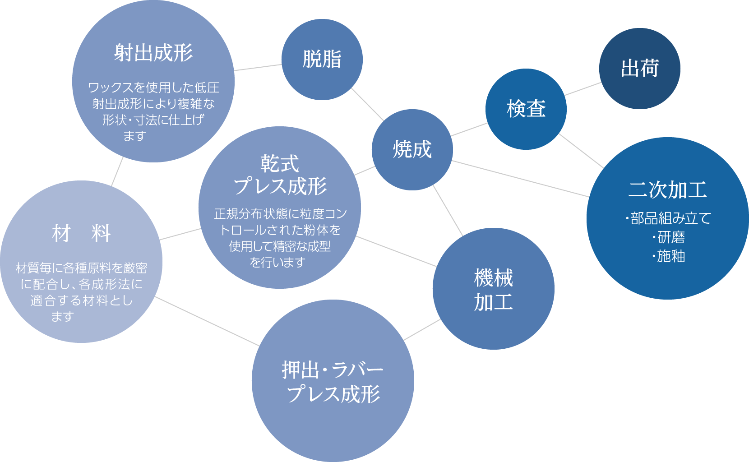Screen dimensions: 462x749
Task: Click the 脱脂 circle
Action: [322, 59]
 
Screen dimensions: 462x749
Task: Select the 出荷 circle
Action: [639, 68]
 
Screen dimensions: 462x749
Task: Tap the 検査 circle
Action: [526, 109]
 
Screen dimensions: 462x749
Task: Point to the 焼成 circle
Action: [412, 149]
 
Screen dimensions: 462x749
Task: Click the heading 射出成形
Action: [153, 53]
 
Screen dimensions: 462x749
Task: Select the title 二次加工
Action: [667, 189]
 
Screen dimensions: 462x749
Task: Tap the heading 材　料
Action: [81, 233]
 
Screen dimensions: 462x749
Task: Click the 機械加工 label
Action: [493, 290]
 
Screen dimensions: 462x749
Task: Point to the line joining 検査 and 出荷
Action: [583, 89]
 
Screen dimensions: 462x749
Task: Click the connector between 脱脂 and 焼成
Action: [367, 105]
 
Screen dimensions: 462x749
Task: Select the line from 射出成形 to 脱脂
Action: [258, 68]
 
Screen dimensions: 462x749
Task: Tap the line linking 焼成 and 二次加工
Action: [520, 179]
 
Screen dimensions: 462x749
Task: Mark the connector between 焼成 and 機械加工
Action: [448, 210]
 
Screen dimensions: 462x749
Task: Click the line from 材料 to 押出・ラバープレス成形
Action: [207, 321]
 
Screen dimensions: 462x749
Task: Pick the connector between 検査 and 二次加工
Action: [581, 151]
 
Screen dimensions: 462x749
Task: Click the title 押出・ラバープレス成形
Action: [333, 382]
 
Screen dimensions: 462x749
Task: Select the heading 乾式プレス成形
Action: [280, 175]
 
